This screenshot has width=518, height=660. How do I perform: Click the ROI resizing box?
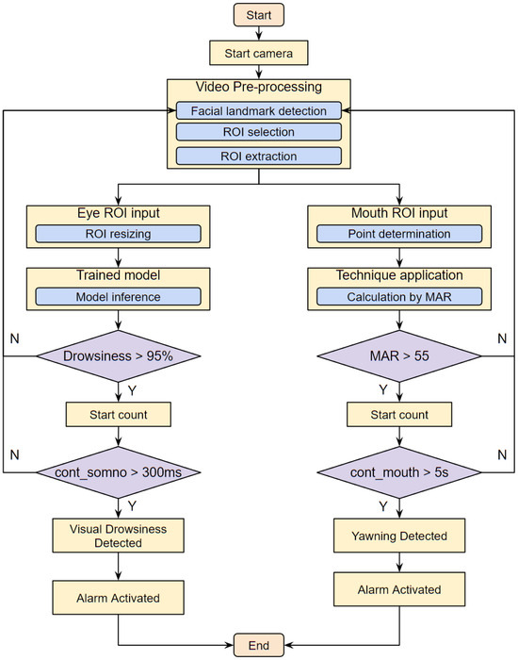tap(118, 233)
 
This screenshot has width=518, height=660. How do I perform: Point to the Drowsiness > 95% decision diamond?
tap(118, 356)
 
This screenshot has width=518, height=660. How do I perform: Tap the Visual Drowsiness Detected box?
tap(118, 535)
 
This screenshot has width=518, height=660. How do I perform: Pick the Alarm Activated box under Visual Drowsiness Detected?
tap(118, 597)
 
